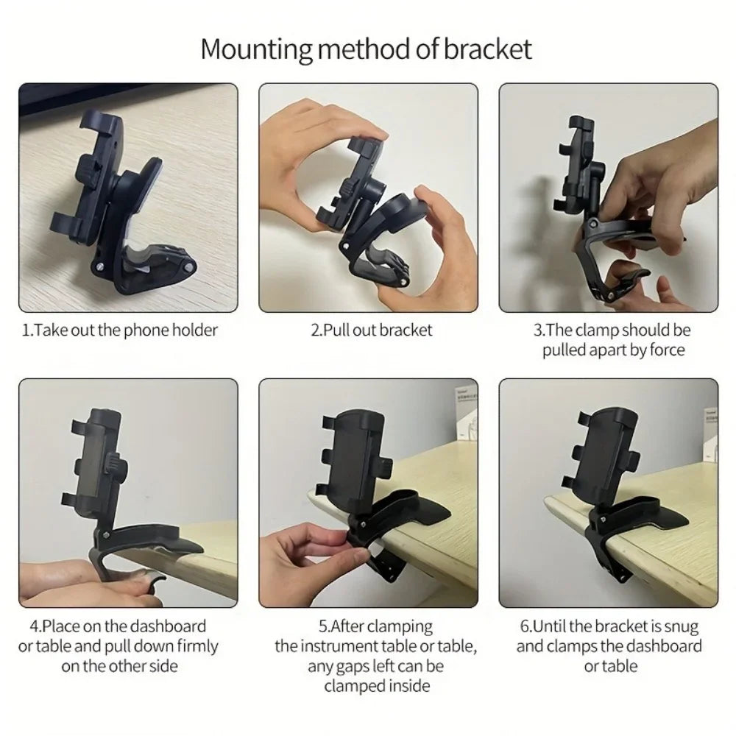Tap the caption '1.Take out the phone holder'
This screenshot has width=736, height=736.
pyautogui.click(x=120, y=330)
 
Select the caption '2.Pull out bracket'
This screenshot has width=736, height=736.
pyautogui.click(x=372, y=330)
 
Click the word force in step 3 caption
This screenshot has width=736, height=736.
pyautogui.click(x=667, y=350)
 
